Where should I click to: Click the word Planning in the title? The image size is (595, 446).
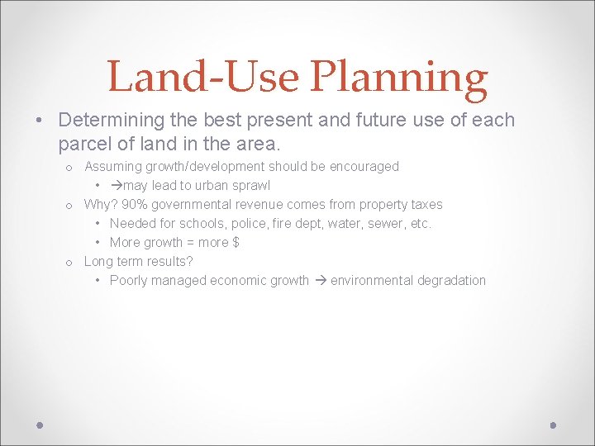(x=398, y=78)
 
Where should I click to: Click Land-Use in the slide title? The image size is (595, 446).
(x=203, y=78)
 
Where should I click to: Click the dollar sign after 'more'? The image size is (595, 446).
(x=236, y=243)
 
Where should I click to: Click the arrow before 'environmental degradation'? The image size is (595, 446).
(x=320, y=281)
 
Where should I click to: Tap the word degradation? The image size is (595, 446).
(x=451, y=281)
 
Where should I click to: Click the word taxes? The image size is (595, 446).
(x=426, y=205)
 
